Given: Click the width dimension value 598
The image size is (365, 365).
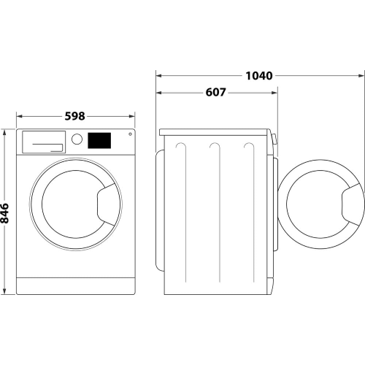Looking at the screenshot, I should (75, 116).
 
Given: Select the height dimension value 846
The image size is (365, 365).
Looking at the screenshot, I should (5, 212).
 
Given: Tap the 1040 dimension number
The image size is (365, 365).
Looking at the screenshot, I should (259, 74).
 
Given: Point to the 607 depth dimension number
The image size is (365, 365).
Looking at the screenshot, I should (215, 93).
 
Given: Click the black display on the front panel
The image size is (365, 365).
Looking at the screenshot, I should (100, 139).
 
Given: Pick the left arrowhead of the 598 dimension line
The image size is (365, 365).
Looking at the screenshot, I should (19, 116).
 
